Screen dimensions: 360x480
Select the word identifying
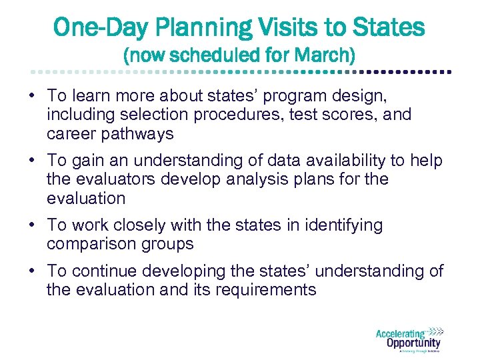(341, 225)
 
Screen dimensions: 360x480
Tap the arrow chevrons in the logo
(435, 331)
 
